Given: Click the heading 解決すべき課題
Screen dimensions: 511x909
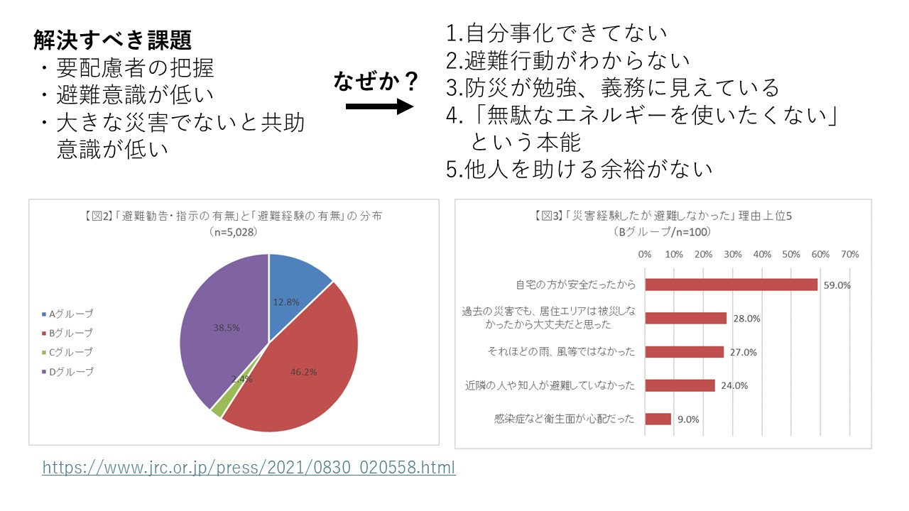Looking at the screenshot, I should [x=111, y=40].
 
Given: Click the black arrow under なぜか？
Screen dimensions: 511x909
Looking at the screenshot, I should [x=379, y=107].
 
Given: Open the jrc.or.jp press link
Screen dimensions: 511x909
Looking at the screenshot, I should [x=249, y=468].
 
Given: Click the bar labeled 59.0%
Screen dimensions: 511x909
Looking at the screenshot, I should [x=731, y=285].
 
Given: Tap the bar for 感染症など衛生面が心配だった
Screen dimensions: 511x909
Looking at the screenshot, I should [x=658, y=419].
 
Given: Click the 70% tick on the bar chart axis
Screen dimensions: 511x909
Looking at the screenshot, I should [x=849, y=254].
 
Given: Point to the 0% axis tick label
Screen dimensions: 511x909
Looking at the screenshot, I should [x=645, y=254].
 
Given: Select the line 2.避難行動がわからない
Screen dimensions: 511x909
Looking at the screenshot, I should [x=568, y=60].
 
